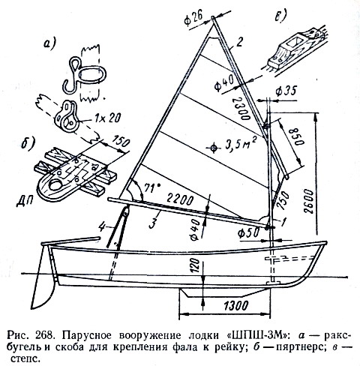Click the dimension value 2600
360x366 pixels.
coord(309,202)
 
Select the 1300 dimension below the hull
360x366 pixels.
coord(235,305)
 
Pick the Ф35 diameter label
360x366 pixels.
coord(286,91)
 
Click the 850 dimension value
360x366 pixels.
coord(296,136)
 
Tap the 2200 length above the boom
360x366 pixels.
coord(180,199)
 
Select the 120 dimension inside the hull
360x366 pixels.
coord(196,265)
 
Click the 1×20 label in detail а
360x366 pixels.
coord(108,117)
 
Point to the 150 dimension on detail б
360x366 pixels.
coord(121,142)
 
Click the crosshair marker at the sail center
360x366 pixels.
coord(213,148)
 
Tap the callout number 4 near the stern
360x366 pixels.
coord(101,228)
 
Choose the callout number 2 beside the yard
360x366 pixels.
coord(239,43)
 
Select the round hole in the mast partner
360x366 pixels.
coord(55,185)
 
